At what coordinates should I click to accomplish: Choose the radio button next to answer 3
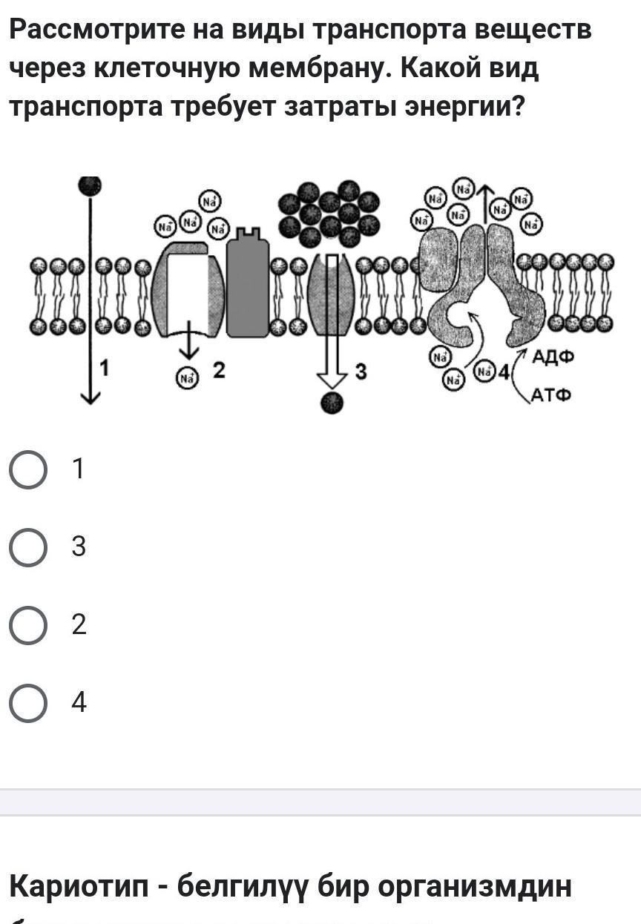click(28, 548)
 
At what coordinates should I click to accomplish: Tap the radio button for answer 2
click(28, 626)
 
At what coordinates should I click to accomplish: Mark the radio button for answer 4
click(28, 703)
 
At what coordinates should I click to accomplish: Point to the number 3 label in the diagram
click(361, 372)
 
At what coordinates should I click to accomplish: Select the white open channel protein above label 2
click(188, 289)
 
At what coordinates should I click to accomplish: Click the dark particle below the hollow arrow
click(332, 403)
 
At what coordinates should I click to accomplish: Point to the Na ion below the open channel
click(187, 377)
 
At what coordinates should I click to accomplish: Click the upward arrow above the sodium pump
click(485, 201)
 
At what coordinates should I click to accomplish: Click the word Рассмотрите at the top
click(96, 30)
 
